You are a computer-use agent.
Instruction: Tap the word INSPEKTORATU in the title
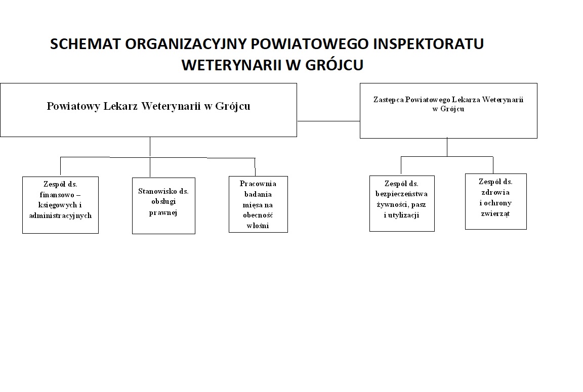(x=428, y=44)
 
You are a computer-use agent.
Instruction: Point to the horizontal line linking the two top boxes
(x=328, y=121)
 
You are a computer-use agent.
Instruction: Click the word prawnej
(x=163, y=212)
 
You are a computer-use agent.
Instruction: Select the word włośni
(x=258, y=226)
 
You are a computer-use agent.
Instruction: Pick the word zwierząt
(x=495, y=213)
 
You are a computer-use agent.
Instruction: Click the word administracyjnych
(x=61, y=215)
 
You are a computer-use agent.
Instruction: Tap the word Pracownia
(x=258, y=184)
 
